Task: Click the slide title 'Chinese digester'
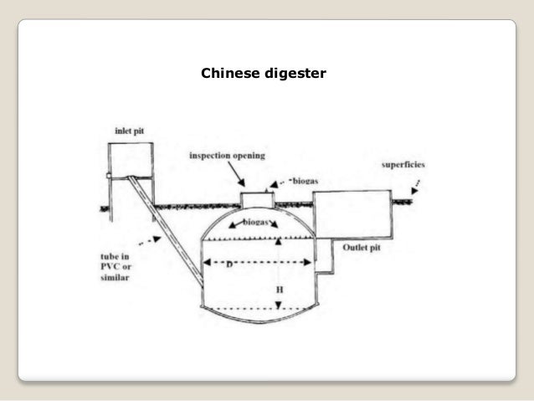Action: coord(264,75)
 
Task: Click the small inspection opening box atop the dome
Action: coord(258,202)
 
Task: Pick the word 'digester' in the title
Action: coord(296,75)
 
